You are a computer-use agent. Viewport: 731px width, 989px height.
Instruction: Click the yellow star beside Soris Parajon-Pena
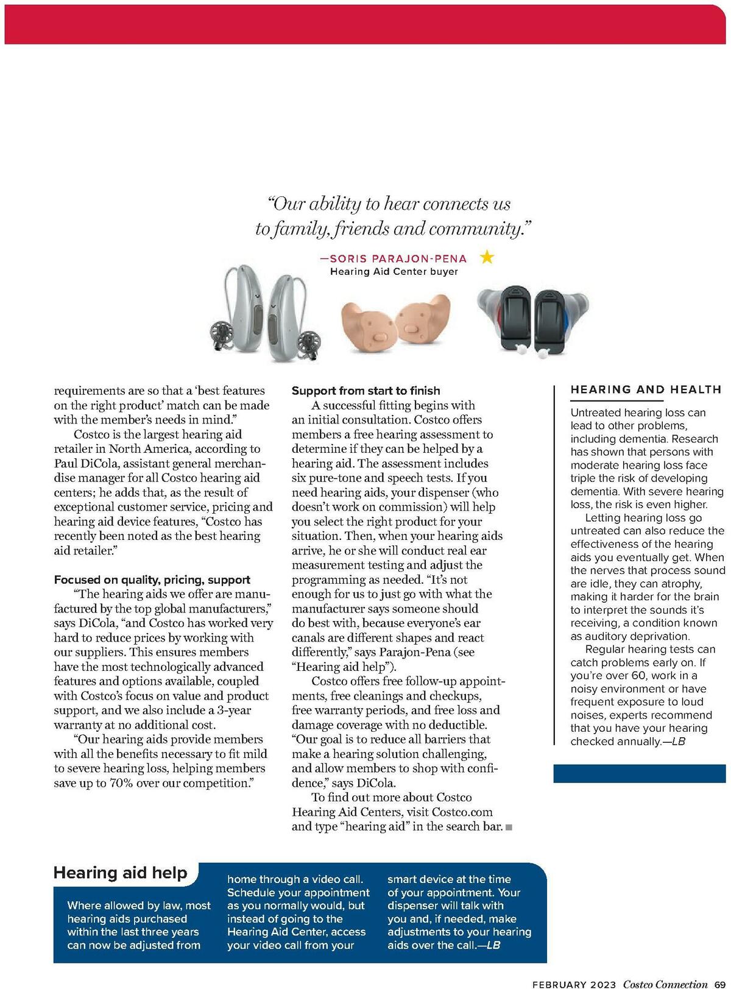pos(487,257)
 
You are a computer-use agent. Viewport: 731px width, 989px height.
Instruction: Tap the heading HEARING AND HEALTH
pos(646,390)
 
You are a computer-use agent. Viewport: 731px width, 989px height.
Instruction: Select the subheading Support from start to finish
pos(365,391)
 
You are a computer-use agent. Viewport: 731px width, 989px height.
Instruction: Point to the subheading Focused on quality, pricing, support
pos(152,580)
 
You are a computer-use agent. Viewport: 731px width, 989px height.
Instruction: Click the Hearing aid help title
pos(121,873)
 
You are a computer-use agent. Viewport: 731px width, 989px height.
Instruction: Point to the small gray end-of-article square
pos(509,827)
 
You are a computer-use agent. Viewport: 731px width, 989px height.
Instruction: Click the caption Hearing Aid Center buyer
pos(394,272)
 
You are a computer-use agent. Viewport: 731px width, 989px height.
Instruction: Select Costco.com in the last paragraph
pos(462,812)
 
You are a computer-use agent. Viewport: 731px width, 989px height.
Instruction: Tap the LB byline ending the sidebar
pos(678,742)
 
